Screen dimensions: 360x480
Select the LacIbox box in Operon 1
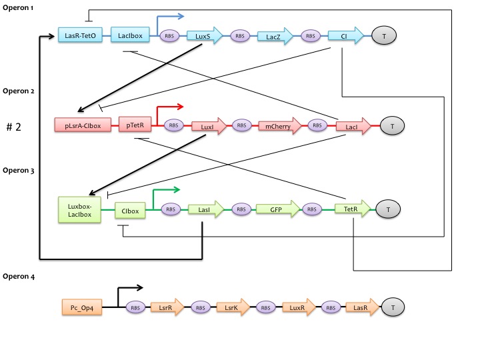click(x=130, y=36)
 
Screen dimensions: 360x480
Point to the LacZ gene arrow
click(x=276, y=36)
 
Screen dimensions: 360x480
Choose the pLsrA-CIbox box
click(x=83, y=125)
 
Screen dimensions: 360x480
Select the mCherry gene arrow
click(x=281, y=125)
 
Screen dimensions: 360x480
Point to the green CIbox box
click(x=131, y=211)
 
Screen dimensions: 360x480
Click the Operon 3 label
click(x=19, y=171)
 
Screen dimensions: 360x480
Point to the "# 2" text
click(x=15, y=127)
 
